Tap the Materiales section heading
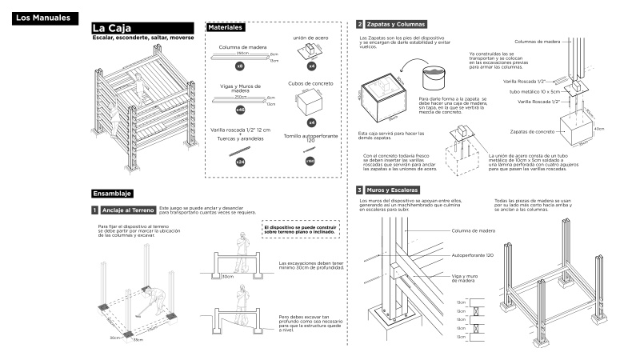pos(226,28)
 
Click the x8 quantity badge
pos(239,66)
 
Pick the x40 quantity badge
pos(239,109)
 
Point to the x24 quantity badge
pos(239,162)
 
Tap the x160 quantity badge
pos(310,162)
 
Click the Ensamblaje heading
pos(112,194)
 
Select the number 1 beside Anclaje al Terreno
pos(95,210)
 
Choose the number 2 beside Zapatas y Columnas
pos(360,25)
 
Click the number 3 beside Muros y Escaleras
pos(360,190)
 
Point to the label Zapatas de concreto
pos(532,130)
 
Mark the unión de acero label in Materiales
pos(310,38)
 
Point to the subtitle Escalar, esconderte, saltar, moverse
pos(142,38)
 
